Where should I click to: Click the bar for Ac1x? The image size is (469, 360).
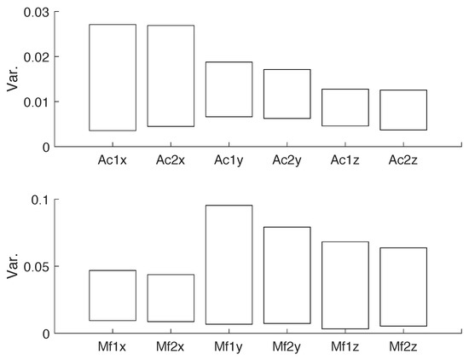(113, 78)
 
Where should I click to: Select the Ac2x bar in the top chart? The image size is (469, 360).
(171, 76)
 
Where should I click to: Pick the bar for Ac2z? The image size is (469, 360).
(403, 110)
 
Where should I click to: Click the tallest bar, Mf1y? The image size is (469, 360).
(229, 264)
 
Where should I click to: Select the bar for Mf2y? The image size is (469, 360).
(287, 275)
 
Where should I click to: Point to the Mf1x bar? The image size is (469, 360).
(113, 295)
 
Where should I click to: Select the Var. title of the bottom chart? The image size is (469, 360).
(12, 265)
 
